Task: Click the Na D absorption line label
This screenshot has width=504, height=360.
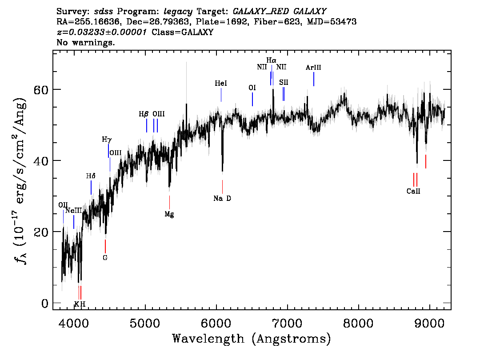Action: [222, 198]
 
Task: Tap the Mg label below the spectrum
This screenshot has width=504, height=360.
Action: [169, 214]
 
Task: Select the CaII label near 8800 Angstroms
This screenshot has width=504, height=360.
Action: [413, 191]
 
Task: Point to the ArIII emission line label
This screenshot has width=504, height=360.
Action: [313, 68]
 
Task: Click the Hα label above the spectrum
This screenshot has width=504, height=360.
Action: [271, 60]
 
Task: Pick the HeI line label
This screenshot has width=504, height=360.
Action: [221, 83]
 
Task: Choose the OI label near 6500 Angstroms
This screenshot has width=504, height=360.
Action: [252, 88]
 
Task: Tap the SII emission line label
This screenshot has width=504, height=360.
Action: [284, 82]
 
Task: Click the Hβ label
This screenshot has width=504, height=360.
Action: [144, 114]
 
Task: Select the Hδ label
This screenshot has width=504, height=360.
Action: [91, 176]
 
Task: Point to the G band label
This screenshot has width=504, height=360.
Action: [105, 257]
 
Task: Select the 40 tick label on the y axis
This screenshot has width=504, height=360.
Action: [41, 160]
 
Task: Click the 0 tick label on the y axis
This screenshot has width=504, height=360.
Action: [45, 303]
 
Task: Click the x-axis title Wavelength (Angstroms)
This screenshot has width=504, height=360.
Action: [252, 339]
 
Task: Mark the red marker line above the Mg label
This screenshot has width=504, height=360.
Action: [169, 202]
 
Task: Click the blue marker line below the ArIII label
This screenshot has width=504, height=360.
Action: [314, 79]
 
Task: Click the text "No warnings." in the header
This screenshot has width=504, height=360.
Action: [85, 42]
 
